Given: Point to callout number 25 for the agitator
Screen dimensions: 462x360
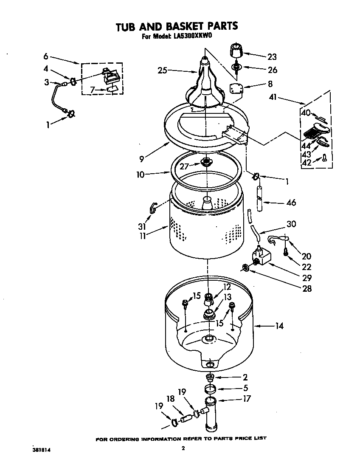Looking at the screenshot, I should [162, 70].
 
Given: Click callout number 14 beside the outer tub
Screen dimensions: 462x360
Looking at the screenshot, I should [278, 326].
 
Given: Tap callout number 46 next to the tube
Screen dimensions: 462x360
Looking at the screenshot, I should [291, 203].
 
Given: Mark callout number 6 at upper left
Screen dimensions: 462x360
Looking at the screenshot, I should [45, 56].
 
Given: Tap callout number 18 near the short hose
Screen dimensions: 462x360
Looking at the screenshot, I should [171, 399].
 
